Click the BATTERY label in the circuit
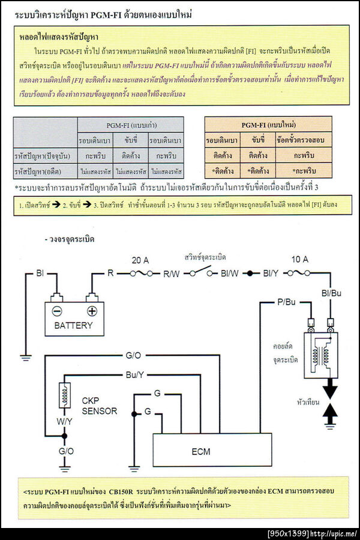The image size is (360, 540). coord(73,325)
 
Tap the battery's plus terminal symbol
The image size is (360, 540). coord(92,311)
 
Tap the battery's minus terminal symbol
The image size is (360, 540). coord(56,311)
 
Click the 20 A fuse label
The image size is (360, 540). coord(140,260)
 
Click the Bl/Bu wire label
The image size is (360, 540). coord(331,293)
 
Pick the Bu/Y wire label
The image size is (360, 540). coord(135,375)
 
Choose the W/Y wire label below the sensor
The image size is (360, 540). coord(65,421)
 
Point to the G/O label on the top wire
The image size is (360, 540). coord(133,356)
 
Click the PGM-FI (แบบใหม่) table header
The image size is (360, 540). coord(267,125)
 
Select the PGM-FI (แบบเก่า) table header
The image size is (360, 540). coord(130,125)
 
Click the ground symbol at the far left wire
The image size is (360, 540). coord(25,358)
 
